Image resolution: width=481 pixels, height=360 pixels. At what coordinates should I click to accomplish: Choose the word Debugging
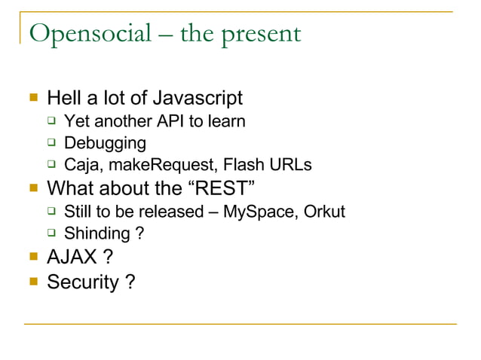[x=105, y=143]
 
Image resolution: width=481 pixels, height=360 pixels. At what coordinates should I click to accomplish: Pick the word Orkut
[x=324, y=211]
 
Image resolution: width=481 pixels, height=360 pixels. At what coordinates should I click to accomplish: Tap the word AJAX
[x=72, y=258]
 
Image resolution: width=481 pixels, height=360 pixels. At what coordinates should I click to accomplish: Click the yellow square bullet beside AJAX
[x=32, y=257]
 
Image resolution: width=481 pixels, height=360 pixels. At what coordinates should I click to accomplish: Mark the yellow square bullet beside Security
[x=32, y=282]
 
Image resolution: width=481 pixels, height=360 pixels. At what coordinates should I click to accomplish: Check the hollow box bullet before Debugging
[x=51, y=142]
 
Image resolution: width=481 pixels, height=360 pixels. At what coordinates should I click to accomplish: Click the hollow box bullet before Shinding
[x=51, y=233]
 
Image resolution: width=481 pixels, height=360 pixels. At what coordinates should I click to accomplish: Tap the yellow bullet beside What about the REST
[x=32, y=187]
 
